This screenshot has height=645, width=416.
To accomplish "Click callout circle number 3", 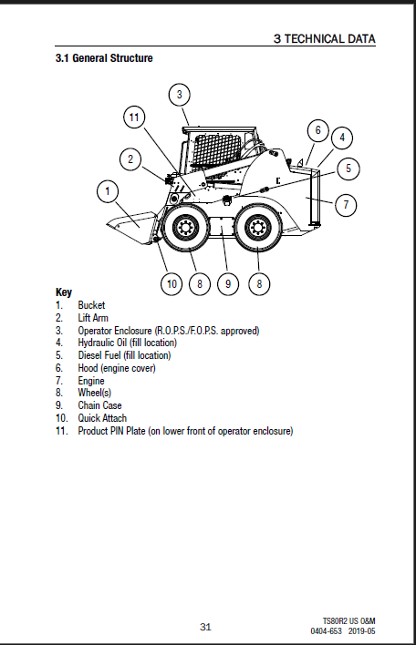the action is pos(179,95).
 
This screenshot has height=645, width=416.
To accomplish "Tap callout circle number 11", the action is pos(134,118).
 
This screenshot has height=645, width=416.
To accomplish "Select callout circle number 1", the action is pos(108,191).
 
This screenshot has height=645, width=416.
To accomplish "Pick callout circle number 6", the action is pos(318,130).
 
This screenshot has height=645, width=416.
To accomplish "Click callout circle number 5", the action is pos(348,169).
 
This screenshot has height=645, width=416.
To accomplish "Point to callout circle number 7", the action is pos(346,204).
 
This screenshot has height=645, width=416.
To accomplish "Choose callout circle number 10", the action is pos(172,284).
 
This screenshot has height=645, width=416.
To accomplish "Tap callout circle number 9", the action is pos(228,284).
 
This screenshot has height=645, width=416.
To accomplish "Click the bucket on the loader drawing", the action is pos(131,224).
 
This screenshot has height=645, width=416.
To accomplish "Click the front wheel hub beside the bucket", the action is pos(182,227).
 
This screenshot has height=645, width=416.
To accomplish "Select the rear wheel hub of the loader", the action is pos(258,228).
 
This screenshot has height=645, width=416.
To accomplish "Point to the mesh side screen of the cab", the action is pos(216,148).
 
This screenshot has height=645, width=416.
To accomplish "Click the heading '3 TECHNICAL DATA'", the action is pos(325,38).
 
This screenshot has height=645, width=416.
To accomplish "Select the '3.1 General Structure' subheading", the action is pos(104,58).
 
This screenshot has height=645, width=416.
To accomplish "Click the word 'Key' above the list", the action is pos(64,292).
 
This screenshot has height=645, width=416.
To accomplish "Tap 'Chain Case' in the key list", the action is pos(99,405).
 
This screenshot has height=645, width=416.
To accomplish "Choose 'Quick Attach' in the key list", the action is pos(102,418).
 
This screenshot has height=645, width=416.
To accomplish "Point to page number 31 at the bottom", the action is pos(205,627).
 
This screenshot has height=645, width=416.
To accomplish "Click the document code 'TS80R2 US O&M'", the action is pos(348,621).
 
